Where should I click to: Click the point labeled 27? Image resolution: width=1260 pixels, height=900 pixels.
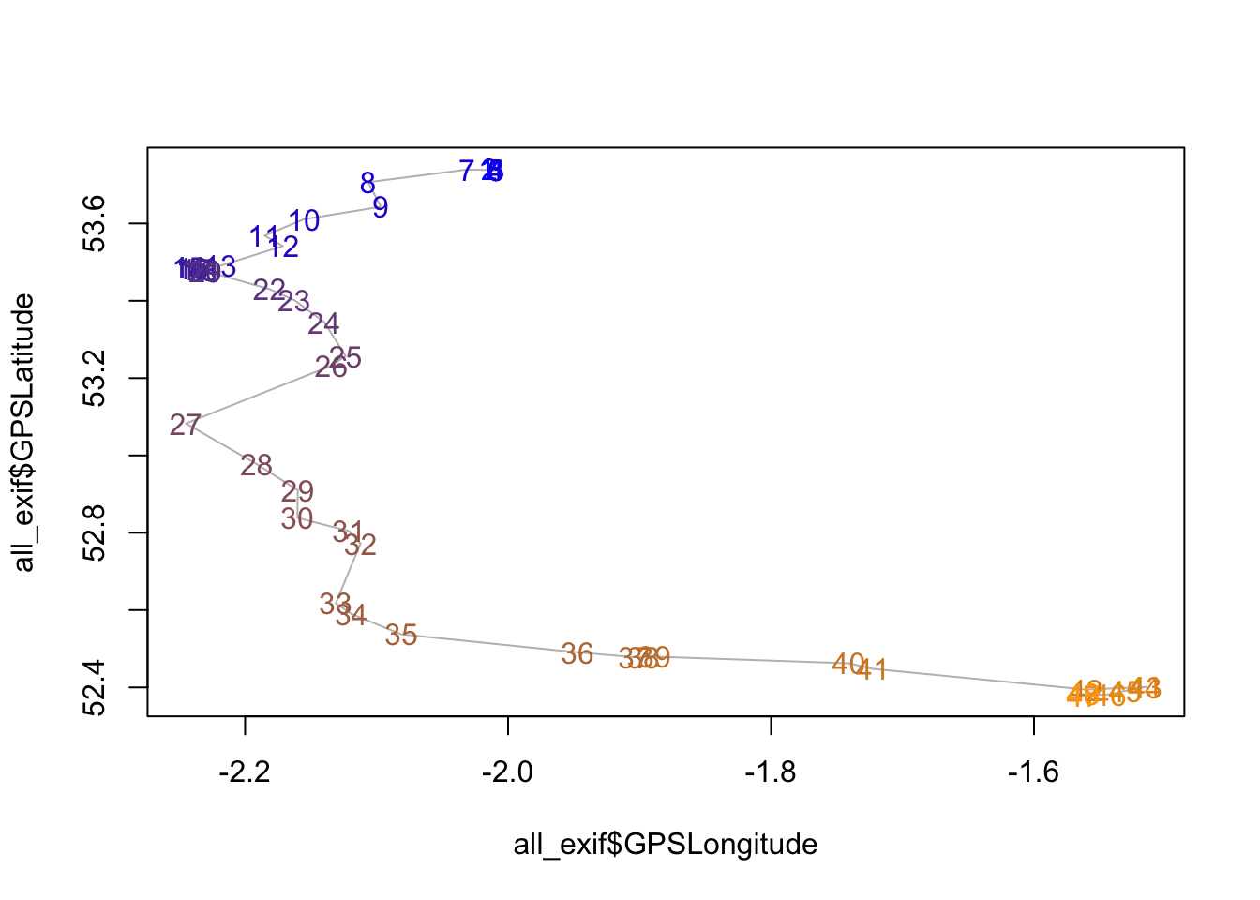point(186,425)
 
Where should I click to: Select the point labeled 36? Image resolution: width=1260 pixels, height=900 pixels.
point(577,653)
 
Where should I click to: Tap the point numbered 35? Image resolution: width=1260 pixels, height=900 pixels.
point(401,635)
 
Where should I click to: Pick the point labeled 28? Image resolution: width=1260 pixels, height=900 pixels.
point(256,465)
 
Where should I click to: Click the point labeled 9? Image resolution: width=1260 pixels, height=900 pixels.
point(380,207)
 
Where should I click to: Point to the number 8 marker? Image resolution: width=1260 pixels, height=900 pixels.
point(367,183)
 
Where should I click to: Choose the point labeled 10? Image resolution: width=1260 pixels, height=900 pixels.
point(305,220)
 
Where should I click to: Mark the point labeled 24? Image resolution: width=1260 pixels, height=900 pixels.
point(323,323)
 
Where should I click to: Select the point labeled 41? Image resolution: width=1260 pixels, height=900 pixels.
point(872,669)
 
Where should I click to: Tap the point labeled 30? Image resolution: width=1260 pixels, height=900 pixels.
point(297,518)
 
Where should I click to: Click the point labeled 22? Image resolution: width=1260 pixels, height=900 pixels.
point(269,290)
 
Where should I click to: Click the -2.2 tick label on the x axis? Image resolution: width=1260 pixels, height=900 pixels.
point(245,772)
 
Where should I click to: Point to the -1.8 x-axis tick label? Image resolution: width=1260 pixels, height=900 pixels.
point(770,772)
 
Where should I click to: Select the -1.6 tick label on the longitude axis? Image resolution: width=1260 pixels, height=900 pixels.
point(1033,772)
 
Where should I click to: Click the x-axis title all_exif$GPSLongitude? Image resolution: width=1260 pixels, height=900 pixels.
point(666,845)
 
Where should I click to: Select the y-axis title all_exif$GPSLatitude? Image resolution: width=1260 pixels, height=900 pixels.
point(24,432)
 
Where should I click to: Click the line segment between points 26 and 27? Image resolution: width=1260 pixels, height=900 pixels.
point(259,396)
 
